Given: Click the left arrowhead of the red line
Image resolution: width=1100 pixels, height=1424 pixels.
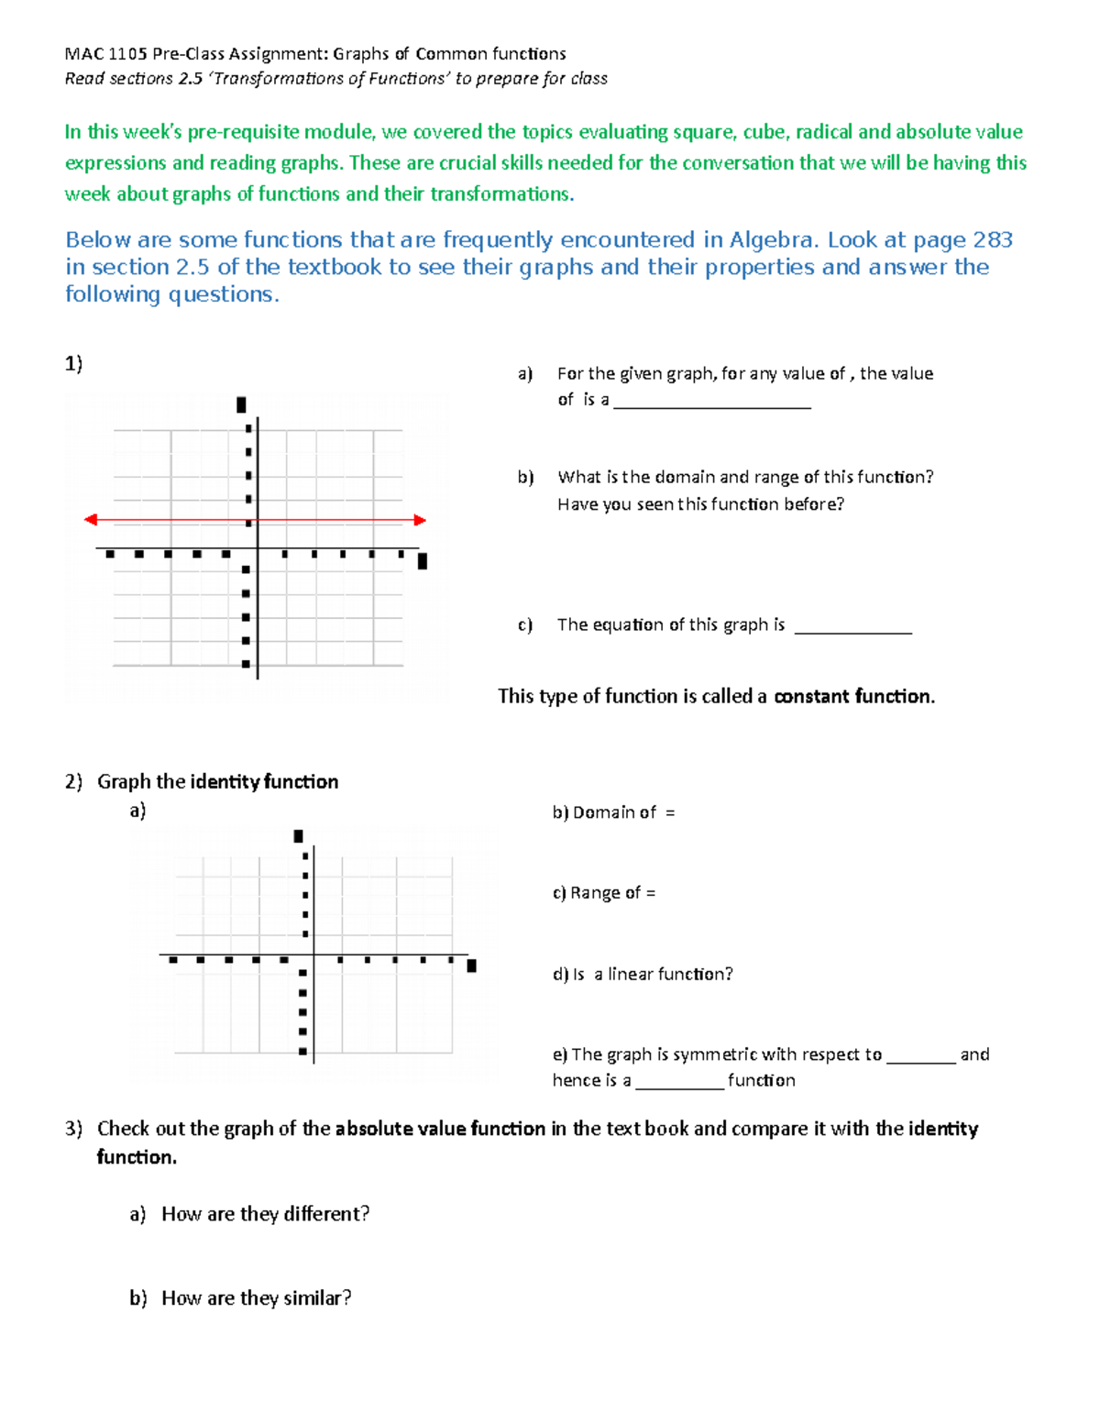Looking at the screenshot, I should [90, 520].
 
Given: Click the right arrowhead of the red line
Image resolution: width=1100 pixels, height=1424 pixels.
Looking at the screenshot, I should [420, 520].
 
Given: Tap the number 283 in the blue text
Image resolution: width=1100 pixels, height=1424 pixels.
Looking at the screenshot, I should [993, 240].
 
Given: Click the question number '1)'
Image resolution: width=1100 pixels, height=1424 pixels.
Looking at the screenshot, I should [73, 363].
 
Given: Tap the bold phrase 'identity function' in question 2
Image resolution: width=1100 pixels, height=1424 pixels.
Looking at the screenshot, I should [264, 781].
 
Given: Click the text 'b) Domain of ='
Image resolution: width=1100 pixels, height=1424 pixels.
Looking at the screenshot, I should [613, 812].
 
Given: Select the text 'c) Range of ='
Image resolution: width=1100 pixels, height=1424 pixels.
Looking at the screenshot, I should [604, 893].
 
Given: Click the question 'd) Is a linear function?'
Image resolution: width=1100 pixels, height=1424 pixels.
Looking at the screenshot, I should [643, 974].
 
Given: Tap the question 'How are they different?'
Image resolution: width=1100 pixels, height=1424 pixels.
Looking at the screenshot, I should [265, 1214].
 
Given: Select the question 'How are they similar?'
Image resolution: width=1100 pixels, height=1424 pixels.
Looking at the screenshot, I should [256, 1297].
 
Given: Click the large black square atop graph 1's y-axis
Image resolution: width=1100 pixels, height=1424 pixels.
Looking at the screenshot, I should [241, 404].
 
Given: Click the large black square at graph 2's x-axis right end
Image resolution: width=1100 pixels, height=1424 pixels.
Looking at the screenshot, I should [472, 966].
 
